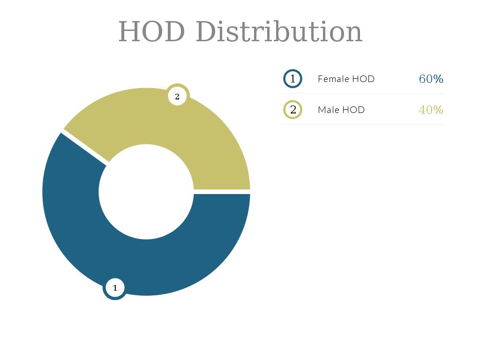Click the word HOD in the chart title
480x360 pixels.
coord(151,32)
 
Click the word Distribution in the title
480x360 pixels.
coord(279,32)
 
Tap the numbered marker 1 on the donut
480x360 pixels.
coord(115,288)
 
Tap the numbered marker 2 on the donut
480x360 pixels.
coord(177,97)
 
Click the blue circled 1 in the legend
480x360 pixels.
coord(293,79)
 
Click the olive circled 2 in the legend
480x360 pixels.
coord(293,110)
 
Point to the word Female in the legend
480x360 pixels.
coord(333,79)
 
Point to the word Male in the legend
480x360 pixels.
coord(328,110)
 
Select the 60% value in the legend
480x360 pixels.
coord(431,79)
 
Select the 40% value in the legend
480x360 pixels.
coord(431,110)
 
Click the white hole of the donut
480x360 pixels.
coord(146,192)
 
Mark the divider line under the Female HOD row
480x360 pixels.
coord(363,93)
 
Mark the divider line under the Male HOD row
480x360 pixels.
coord(363,124)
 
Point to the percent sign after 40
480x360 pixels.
coord(438,110)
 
